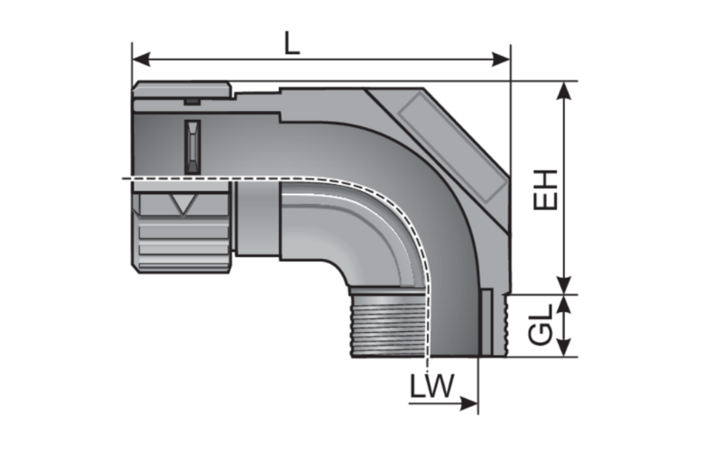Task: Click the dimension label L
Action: (x=291, y=41)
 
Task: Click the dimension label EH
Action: (x=545, y=189)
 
